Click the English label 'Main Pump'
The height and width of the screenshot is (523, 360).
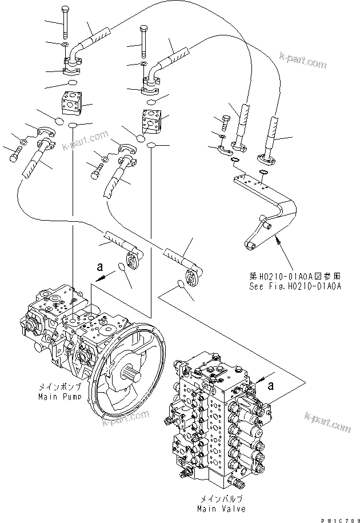[x=59, y=396]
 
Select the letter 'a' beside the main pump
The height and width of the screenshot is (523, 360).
[x=101, y=266]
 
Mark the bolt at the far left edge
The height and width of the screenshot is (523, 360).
[x=14, y=151]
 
